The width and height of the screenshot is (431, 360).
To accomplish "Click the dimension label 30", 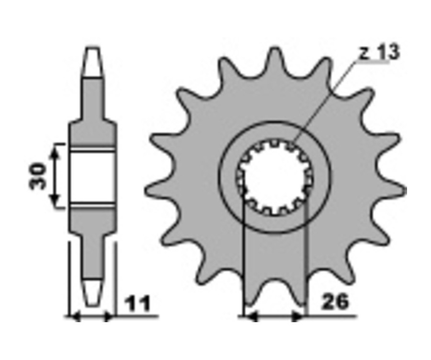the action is pyautogui.click(x=38, y=176).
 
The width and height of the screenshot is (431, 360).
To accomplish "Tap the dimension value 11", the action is pyautogui.click(x=137, y=304).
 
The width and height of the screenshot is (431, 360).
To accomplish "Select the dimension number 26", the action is pyautogui.click(x=335, y=302).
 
